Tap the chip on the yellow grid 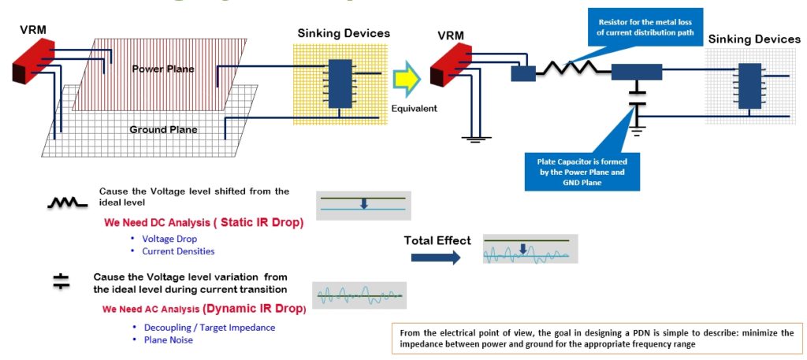click(340, 84)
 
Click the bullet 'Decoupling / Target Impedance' click(209, 327)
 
